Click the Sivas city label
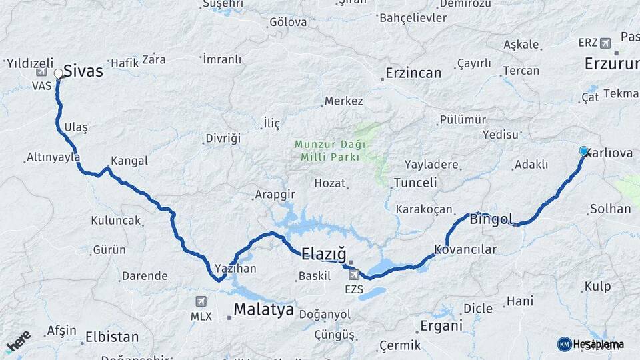click(x=83, y=71)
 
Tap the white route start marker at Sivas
click(x=59, y=73)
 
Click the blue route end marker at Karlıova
click(x=584, y=151)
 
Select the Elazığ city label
click(x=324, y=253)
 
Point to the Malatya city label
click(x=263, y=310)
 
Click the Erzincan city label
click(x=413, y=73)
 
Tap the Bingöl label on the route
click(x=491, y=219)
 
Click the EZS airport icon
click(x=353, y=274)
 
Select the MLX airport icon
click(x=201, y=301)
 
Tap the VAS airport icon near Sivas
click(x=42, y=72)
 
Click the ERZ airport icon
click(x=605, y=43)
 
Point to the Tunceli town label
click(x=415, y=183)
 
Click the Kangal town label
click(x=129, y=161)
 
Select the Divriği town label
click(x=223, y=139)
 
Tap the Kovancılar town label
click(x=465, y=250)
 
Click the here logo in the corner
click(x=18, y=341)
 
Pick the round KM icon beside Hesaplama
click(x=564, y=344)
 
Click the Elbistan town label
click(x=111, y=337)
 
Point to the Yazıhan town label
click(x=235, y=269)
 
